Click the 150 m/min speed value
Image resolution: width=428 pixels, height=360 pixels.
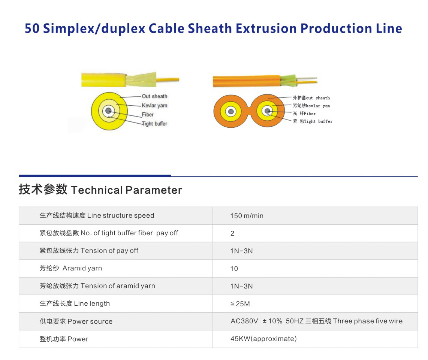(247, 216)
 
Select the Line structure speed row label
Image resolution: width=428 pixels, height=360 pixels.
(97, 216)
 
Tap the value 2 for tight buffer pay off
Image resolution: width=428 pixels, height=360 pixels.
(232, 233)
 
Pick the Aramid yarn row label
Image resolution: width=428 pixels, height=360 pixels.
(71, 268)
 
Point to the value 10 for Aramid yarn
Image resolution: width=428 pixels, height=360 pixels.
(234, 269)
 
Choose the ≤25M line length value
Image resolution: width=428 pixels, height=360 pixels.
(240, 304)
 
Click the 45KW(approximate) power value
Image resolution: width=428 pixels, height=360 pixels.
(263, 339)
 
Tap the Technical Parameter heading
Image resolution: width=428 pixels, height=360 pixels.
(100, 190)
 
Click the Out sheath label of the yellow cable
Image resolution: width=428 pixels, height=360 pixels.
(154, 96)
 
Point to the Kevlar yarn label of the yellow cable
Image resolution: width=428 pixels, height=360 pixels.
(154, 106)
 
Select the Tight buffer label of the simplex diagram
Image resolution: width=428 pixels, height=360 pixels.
(154, 124)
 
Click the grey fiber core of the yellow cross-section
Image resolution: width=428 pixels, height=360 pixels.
(108, 111)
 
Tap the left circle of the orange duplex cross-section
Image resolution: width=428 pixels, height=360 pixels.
(231, 111)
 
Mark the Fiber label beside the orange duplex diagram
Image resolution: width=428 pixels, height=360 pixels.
(304, 114)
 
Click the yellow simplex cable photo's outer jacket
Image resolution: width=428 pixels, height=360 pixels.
(104, 80)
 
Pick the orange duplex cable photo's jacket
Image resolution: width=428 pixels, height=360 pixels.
(247, 81)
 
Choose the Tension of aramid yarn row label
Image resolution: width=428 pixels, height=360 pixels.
(97, 286)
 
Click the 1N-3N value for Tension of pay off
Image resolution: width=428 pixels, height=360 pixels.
(241, 251)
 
